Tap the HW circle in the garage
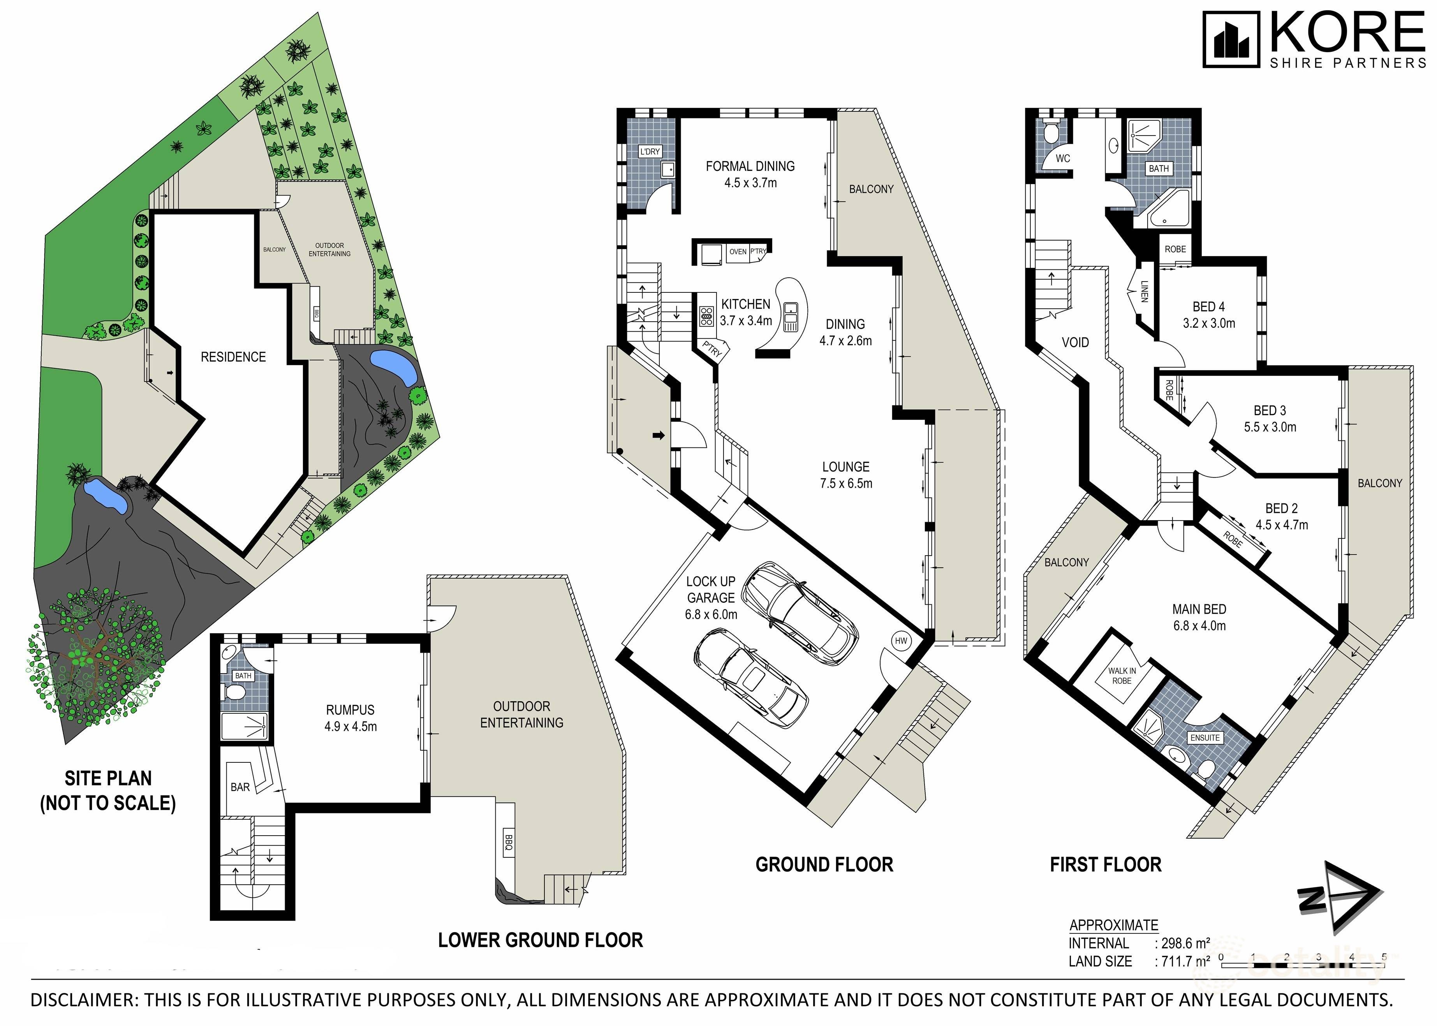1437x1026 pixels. pyautogui.click(x=900, y=641)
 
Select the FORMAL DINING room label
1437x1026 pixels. pyautogui.click(x=750, y=166)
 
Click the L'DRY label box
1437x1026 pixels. pyautogui.click(x=650, y=151)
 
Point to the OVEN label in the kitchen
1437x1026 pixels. pyautogui.click(x=738, y=252)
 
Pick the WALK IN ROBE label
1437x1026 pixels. pyautogui.click(x=1122, y=676)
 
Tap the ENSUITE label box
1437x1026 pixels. pyautogui.click(x=1205, y=737)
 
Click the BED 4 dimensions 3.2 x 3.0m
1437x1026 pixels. pyautogui.click(x=1209, y=324)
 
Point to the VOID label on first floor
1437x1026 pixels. pyautogui.click(x=1075, y=342)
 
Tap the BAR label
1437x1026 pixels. pyautogui.click(x=240, y=787)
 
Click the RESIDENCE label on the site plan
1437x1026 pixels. pyautogui.click(x=233, y=357)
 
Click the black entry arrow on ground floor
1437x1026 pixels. pyautogui.click(x=659, y=435)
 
